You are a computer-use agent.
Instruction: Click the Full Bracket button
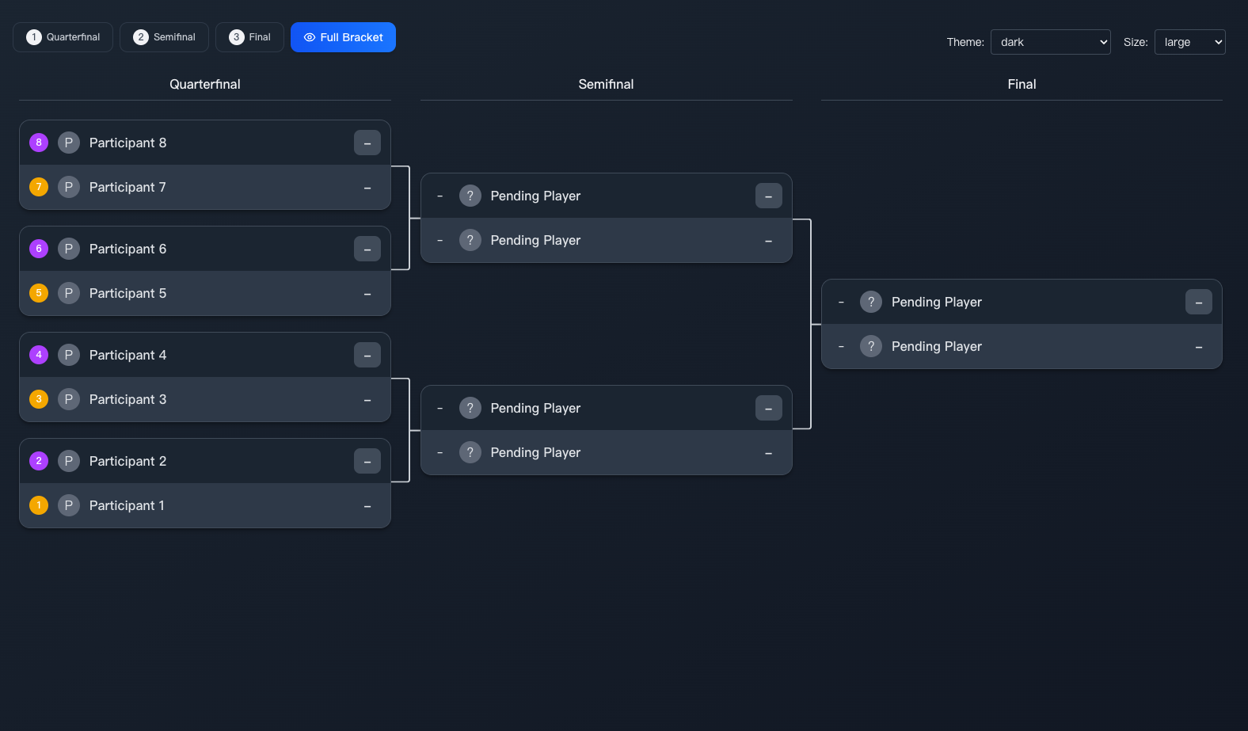343,37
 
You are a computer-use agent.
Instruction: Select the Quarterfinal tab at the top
63,37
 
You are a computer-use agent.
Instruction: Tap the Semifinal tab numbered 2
164,37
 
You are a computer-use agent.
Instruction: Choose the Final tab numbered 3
249,37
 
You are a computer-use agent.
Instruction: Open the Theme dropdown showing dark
1050,42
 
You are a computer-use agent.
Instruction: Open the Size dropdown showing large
1189,42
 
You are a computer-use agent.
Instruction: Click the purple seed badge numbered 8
39,143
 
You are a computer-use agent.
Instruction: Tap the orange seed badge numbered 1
39,505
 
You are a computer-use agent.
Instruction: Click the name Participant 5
127,293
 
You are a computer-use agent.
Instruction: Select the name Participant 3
127,399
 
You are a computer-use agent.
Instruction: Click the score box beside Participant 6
367,249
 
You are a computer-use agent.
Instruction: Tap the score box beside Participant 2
367,461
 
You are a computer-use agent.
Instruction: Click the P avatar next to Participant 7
69,187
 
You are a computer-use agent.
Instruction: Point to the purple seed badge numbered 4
39,355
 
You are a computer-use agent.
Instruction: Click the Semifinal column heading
606,84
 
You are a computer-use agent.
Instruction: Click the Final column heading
1022,84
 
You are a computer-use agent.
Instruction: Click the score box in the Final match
1198,302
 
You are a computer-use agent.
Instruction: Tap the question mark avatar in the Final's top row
871,302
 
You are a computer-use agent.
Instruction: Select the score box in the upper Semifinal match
768,196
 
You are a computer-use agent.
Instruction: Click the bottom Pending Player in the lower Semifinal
535,452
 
